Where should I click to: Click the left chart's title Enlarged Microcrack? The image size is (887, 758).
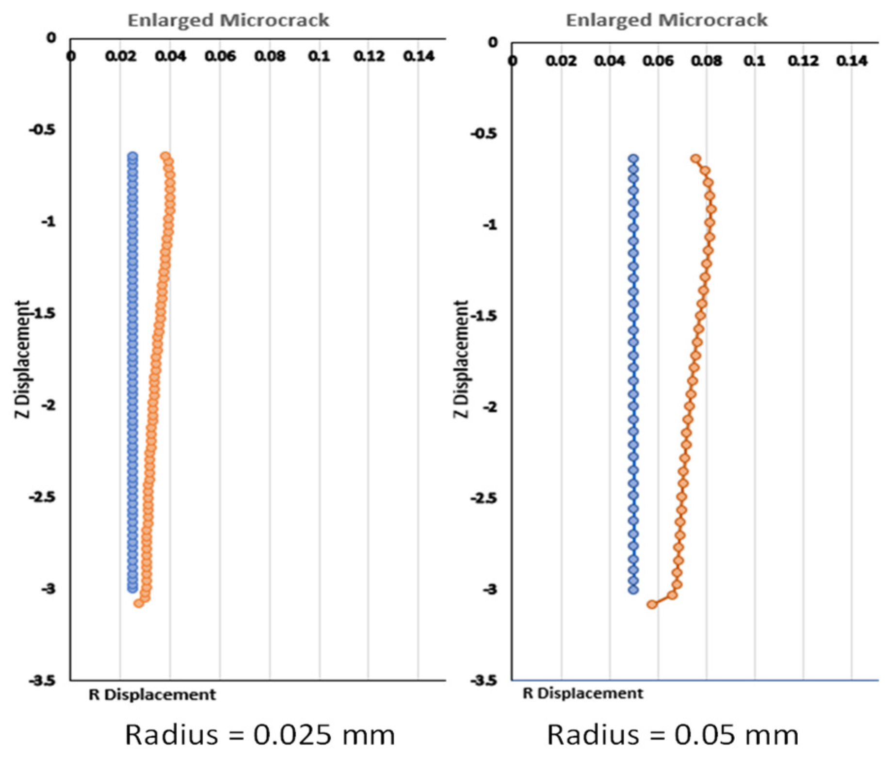(x=228, y=20)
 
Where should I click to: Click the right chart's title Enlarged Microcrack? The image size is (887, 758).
(x=666, y=20)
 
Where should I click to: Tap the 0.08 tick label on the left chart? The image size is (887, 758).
(x=270, y=56)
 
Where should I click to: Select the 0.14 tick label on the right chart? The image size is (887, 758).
(x=852, y=61)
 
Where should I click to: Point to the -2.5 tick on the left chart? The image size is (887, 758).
(x=42, y=497)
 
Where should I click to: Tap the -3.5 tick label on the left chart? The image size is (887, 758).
(x=42, y=680)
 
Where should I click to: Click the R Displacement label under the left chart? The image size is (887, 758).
(x=152, y=694)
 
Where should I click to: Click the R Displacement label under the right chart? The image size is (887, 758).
(x=582, y=693)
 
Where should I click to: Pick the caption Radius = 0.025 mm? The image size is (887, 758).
(x=260, y=734)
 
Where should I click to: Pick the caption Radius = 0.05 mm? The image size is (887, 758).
(x=672, y=734)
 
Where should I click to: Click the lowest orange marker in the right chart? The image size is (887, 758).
(x=652, y=604)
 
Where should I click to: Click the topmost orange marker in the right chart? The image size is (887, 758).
(x=695, y=159)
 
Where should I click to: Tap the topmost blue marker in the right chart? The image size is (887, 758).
(x=633, y=159)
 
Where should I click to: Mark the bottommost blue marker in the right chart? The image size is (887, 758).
(x=633, y=590)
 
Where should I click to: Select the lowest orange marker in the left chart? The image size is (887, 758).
(x=139, y=603)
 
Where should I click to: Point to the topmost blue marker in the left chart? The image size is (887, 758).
(x=132, y=156)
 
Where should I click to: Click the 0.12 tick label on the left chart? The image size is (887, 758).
(x=369, y=56)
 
